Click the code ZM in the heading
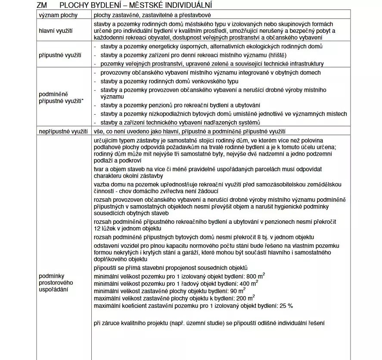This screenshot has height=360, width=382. point(43,5)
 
